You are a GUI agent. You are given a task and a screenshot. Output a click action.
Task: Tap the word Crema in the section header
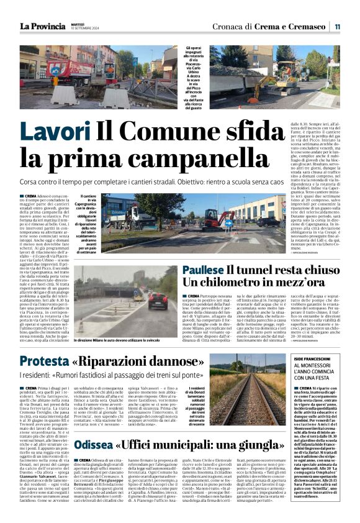pos(273,26)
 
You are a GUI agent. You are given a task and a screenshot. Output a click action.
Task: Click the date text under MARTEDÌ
pos(82,29)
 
